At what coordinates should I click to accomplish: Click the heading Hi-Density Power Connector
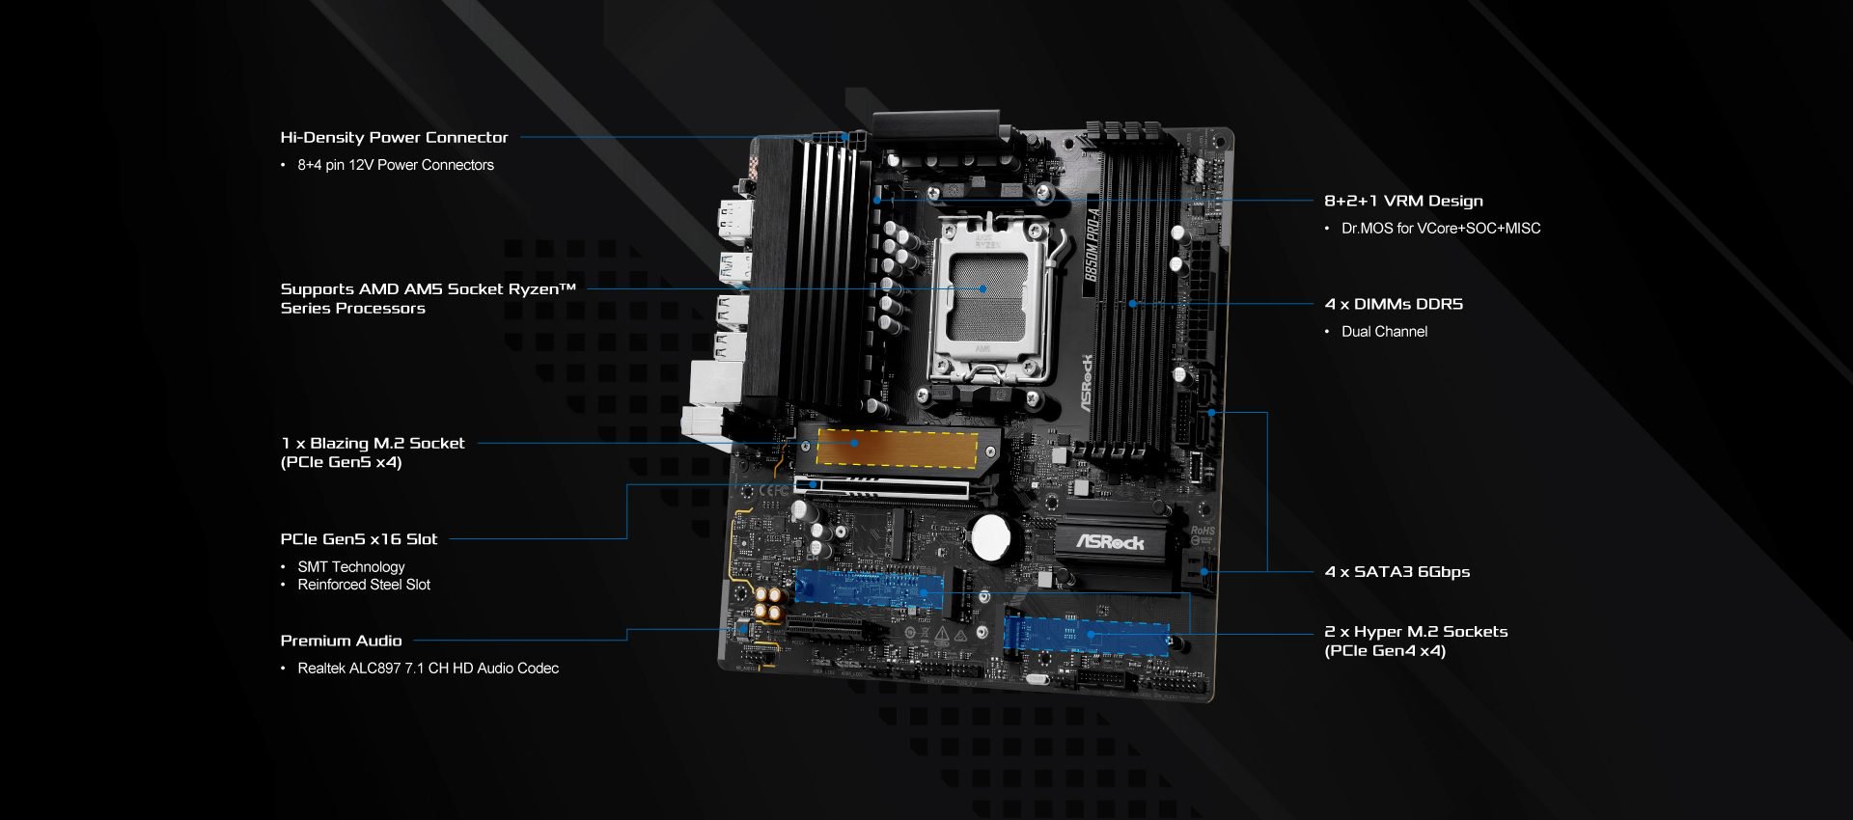tap(394, 137)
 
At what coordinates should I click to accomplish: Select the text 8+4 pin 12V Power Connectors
tap(396, 165)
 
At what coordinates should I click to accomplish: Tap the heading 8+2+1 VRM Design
tap(1403, 201)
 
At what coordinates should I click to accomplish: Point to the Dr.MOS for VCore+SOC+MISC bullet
tap(1441, 228)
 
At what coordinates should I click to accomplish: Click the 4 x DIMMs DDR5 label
tap(1394, 304)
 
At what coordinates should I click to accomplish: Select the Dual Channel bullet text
tap(1384, 331)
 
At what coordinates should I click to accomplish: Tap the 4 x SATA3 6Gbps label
tap(1397, 571)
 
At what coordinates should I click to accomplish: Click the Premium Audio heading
tap(341, 641)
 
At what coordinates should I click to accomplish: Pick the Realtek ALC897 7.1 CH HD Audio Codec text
tap(428, 668)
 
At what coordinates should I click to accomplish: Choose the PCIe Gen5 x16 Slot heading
tap(359, 539)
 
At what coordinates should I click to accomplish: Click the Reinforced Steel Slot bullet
tap(364, 585)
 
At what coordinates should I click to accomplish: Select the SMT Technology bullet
tap(351, 567)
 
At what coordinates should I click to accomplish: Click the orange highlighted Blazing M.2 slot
tap(897, 449)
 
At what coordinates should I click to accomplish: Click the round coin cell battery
tap(991, 536)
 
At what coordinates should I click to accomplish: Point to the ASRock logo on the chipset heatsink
tap(1110, 542)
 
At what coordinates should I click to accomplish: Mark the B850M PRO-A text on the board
tap(1092, 245)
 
